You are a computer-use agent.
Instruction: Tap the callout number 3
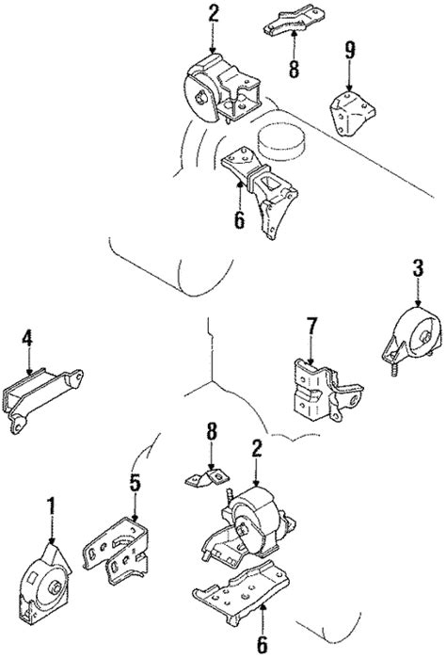[417, 269]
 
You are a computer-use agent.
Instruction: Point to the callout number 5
[135, 484]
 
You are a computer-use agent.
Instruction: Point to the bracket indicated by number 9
[350, 113]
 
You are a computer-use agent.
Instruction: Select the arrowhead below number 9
[350, 91]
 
